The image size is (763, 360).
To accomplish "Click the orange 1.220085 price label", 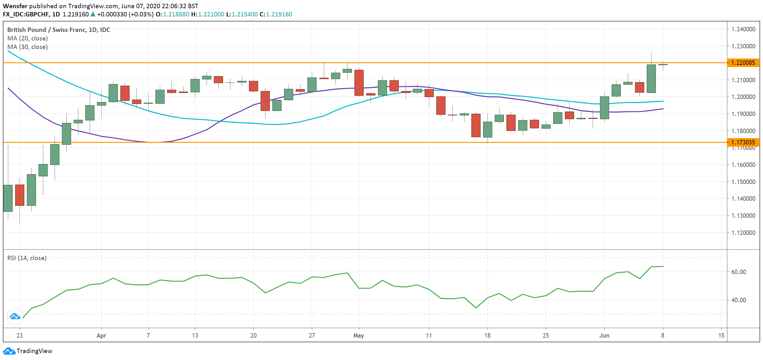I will tap(743, 63).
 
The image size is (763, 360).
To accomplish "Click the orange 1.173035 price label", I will tap(743, 142).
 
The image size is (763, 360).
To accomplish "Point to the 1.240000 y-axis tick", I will tap(743, 29).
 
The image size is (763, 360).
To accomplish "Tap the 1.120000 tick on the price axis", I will tap(743, 233).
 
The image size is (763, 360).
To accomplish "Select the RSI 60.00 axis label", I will tap(738, 272).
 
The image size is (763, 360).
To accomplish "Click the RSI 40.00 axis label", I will tap(738, 300).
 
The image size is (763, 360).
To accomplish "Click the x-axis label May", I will tap(359, 335).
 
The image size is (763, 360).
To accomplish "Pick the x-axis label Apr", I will tap(101, 335).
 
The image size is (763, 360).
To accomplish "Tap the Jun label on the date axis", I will tap(604, 335).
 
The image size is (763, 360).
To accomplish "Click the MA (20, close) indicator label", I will tap(27, 38).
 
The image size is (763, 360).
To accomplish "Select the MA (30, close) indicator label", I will tap(27, 47).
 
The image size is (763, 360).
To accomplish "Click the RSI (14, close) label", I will tap(27, 258).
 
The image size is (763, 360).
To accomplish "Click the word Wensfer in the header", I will tap(15, 6).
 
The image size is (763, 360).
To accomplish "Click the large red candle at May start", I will tap(359, 82).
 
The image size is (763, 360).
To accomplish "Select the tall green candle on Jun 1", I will tap(604, 107).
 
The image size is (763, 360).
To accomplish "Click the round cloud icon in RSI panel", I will tap(15, 316).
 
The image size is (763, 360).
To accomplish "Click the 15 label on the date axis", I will tap(721, 335).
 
